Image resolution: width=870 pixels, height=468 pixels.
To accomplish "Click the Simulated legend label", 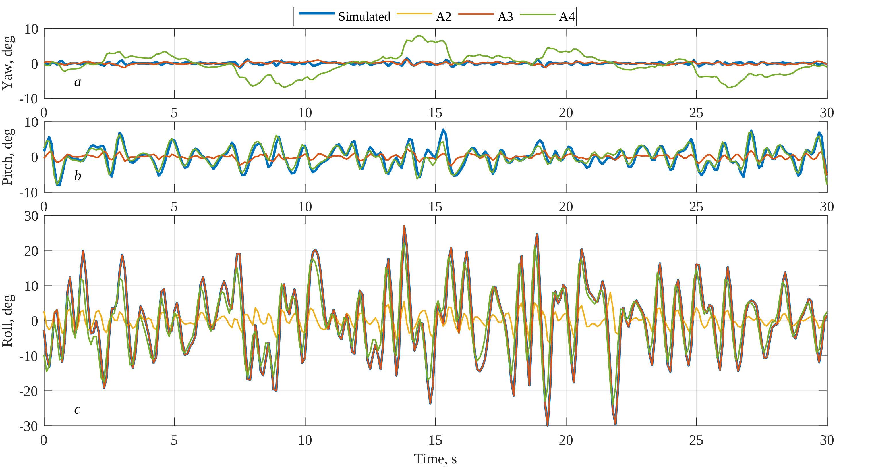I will pos(364,17).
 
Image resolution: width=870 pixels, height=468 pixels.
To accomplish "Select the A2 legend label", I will pos(443,17).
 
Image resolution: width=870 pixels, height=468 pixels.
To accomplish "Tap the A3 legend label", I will pos(505,17).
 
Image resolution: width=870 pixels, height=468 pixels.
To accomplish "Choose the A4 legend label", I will pos(567,17).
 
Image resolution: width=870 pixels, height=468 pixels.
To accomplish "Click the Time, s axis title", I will pos(435,459).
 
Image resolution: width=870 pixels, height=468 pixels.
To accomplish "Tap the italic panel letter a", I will pos(77,82).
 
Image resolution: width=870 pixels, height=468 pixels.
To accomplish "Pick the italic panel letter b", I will pos(77,176).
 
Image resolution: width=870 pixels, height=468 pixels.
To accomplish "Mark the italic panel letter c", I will pos(77,410).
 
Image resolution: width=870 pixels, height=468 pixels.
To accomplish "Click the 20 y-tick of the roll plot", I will pos(31,251).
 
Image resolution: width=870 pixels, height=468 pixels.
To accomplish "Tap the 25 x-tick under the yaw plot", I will pos(696,113).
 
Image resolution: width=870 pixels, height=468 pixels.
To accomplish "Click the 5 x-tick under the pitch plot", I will pos(174,207).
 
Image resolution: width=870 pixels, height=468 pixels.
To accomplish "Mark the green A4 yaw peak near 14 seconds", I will pos(419,36).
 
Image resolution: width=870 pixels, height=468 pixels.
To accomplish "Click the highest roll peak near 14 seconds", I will pos(404,226).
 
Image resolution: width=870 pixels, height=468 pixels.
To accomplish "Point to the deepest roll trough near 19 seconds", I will pos(548,425).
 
